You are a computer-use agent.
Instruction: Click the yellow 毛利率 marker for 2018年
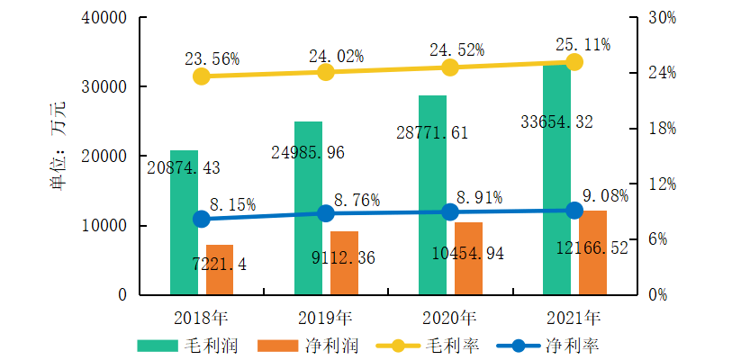[202, 76]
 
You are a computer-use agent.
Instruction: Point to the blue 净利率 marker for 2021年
[575, 211]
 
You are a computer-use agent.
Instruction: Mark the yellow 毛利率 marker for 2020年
[450, 67]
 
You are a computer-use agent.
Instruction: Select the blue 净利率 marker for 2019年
[326, 213]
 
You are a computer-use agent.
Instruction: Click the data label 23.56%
[212, 58]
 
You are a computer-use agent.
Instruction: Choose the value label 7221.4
[220, 265]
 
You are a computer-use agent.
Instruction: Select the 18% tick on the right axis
[662, 129]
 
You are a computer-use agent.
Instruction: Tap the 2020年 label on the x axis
[450, 317]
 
